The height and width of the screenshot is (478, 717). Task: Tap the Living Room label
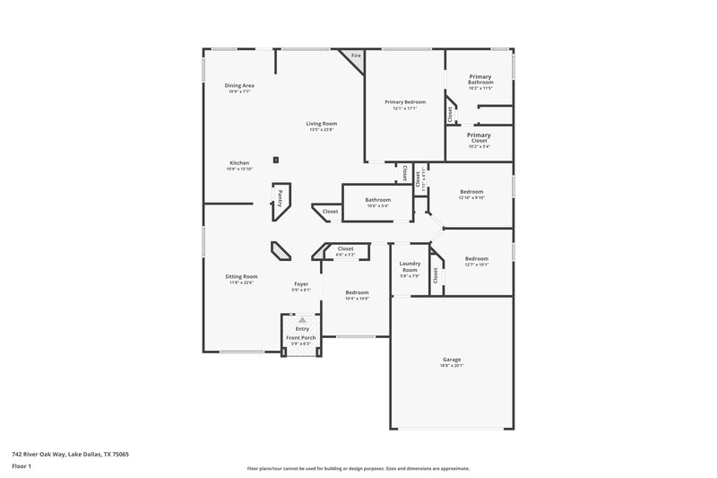tap(322, 124)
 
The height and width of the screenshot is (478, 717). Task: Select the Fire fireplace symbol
tap(355, 56)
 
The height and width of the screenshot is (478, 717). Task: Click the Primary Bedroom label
tap(405, 103)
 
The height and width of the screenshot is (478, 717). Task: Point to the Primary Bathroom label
tap(480, 80)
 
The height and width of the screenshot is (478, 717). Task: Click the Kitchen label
tap(239, 163)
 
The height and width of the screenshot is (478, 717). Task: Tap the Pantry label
tap(281, 197)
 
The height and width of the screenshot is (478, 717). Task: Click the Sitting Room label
tap(241, 276)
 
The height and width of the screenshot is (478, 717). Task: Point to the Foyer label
tap(301, 284)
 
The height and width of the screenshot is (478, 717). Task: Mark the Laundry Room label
tap(410, 266)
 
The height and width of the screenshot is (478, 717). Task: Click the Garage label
tap(452, 360)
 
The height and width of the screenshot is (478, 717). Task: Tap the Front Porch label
tap(301, 337)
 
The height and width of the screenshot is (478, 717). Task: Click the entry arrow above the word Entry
tap(302, 318)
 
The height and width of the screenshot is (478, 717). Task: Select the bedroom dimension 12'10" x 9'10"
tap(472, 198)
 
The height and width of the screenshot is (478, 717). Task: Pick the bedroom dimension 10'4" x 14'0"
tap(358, 299)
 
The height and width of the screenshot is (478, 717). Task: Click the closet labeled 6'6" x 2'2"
tap(345, 255)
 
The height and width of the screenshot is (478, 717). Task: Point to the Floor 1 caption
tap(22, 467)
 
